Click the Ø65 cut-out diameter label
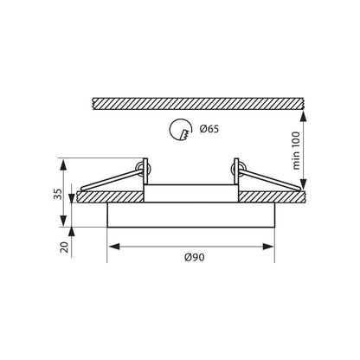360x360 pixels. pos(209,131)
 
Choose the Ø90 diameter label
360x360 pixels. pos(194,258)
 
